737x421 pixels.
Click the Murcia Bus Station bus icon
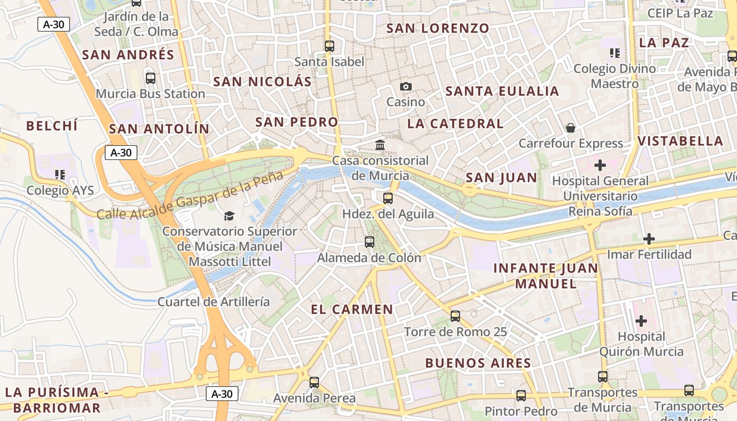151,78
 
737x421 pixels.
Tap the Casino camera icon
405,86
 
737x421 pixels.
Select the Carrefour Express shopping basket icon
570,128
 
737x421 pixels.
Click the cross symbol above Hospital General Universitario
600,165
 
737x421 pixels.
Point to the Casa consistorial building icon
380,145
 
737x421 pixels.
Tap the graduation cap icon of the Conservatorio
229,216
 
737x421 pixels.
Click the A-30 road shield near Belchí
121,153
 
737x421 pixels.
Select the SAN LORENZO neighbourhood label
437,28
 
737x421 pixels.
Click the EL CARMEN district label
352,309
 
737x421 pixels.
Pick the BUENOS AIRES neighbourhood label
478,363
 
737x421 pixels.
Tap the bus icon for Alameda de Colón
370,242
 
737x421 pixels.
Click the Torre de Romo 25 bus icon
455,316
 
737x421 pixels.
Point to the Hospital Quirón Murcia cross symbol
641,320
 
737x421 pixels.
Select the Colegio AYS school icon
59,174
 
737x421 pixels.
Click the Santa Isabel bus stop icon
330,46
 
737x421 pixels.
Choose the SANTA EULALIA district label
502,91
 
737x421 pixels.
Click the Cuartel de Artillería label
214,302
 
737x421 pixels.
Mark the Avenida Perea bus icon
314,383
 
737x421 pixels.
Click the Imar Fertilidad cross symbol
649,239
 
